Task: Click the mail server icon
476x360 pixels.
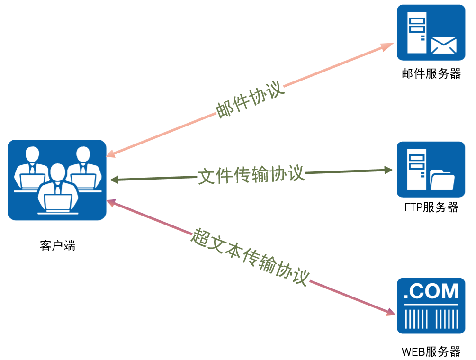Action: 431,32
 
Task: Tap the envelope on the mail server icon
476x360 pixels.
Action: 443,45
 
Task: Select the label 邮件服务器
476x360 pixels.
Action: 431,74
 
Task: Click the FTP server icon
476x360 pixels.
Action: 431,169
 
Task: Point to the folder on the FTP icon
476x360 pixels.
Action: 443,180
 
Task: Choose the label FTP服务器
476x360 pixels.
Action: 431,207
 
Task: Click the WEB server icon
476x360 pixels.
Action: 431,306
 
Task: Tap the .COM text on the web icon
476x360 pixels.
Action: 431,291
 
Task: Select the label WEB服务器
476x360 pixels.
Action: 431,352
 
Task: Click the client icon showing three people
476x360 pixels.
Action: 57,180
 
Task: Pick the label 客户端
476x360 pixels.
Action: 57,245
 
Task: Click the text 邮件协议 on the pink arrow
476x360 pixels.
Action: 250,101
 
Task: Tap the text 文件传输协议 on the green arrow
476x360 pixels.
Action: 251,175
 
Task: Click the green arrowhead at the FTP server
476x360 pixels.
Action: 388,170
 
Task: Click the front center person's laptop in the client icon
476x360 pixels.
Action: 58,203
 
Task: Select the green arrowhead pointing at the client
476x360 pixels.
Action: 114,180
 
